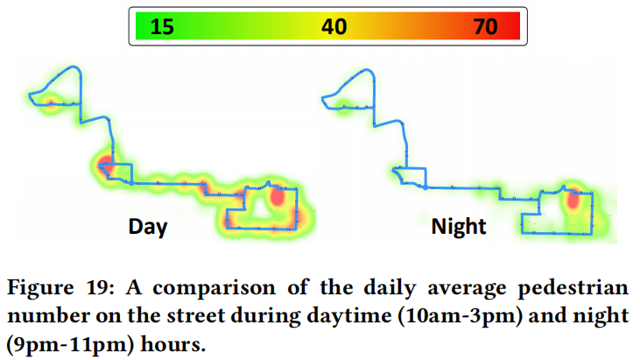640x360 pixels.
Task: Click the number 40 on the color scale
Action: (x=334, y=27)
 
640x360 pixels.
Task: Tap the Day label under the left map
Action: (x=148, y=227)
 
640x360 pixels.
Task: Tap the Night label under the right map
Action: (x=458, y=227)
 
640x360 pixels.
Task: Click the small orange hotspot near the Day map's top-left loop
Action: (x=52, y=102)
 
